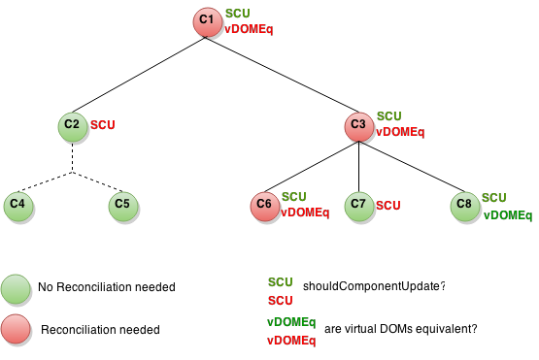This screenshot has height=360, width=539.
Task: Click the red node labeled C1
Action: pyautogui.click(x=208, y=22)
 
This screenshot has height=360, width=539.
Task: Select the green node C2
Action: pyautogui.click(x=73, y=127)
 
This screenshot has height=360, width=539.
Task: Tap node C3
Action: pyautogui.click(x=359, y=127)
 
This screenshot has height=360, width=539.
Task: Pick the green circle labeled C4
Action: pyautogui.click(x=18, y=207)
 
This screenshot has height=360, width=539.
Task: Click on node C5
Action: pyautogui.click(x=123, y=207)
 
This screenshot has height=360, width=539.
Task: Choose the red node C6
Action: pyautogui.click(x=265, y=207)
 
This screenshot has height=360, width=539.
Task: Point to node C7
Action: pyautogui.click(x=359, y=207)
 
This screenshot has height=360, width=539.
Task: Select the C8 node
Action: pyautogui.click(x=465, y=207)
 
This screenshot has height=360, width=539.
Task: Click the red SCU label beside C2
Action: pyautogui.click(x=103, y=126)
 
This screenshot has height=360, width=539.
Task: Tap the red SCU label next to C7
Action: pyautogui.click(x=388, y=206)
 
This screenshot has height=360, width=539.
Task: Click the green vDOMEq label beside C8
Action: pyautogui.click(x=507, y=215)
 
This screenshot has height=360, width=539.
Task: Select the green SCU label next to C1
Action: pyautogui.click(x=238, y=14)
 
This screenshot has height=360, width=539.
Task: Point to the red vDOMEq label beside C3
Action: pyautogui.click(x=400, y=132)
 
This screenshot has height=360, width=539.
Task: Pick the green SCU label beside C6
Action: pyautogui.click(x=294, y=197)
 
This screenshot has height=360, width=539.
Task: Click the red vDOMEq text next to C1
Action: pyautogui.click(x=249, y=29)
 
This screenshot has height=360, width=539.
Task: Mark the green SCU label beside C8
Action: pyautogui.click(x=494, y=198)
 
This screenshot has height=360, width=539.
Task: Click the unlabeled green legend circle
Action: pyautogui.click(x=16, y=289)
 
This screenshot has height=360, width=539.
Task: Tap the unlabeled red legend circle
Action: pyautogui.click(x=16, y=329)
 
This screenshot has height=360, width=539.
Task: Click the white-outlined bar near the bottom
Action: pyautogui.click(x=105, y=331)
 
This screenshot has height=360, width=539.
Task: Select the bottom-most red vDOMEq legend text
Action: pyautogui.click(x=291, y=341)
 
